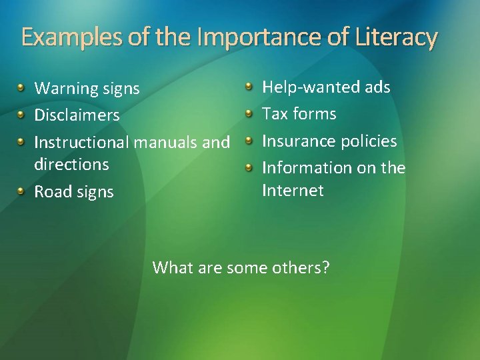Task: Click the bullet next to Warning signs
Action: click(22, 87)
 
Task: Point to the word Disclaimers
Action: click(77, 115)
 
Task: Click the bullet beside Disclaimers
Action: click(22, 114)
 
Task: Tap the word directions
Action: click(71, 164)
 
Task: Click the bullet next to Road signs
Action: click(22, 191)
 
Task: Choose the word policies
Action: click(369, 141)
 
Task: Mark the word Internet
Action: click(293, 191)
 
